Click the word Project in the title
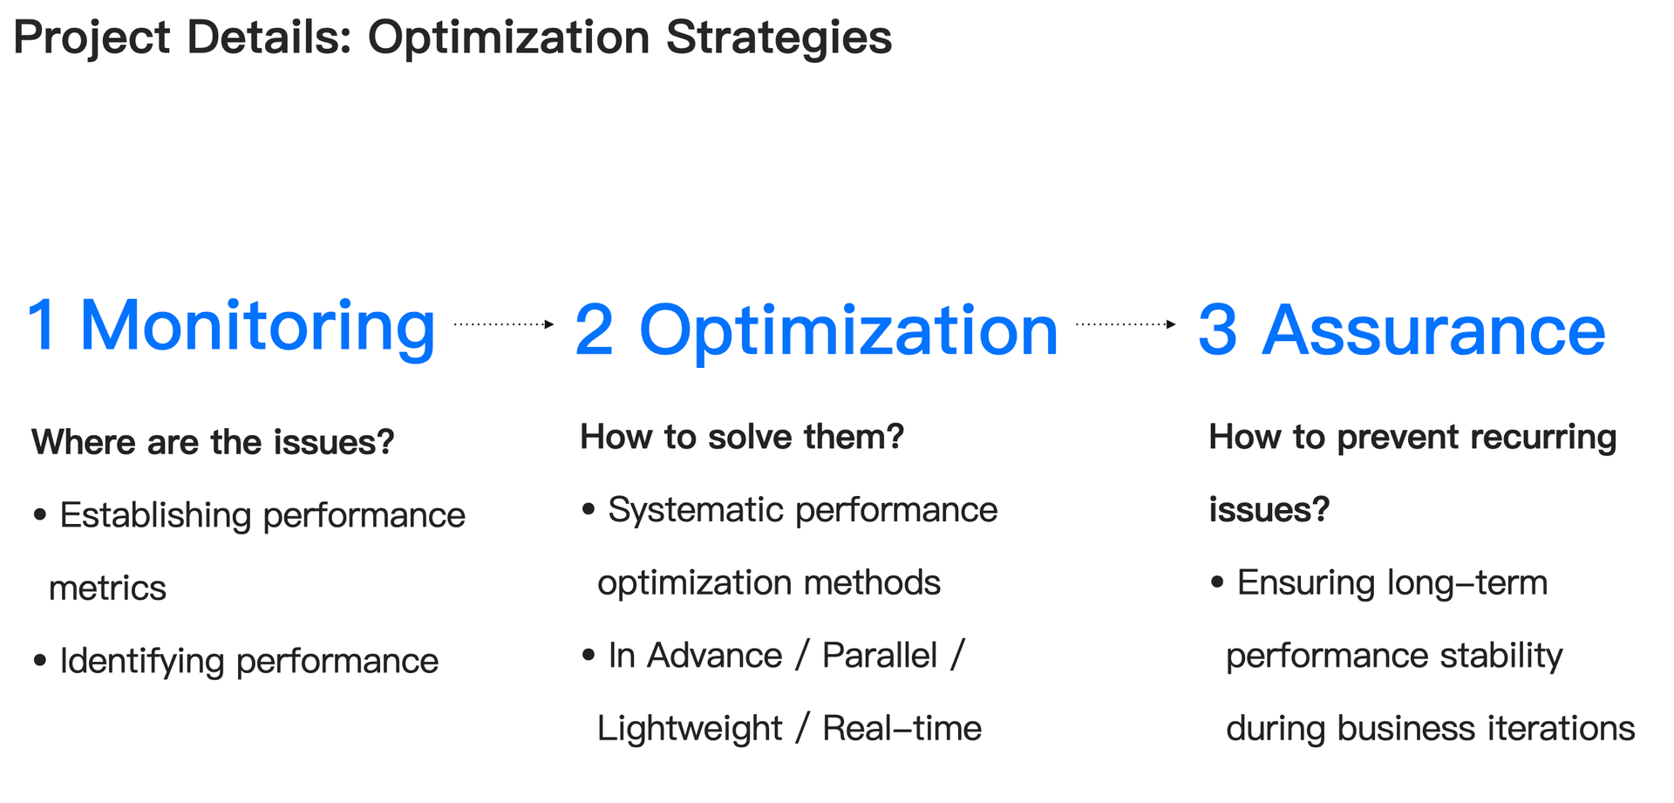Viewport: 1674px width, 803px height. tap(92, 39)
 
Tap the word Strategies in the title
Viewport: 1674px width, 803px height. tap(779, 39)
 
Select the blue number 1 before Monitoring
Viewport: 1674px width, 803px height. tap(42, 325)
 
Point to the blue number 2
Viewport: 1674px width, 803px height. tap(594, 330)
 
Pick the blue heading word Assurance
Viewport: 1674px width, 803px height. tap(1433, 330)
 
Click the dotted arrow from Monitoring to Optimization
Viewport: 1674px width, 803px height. tap(504, 324)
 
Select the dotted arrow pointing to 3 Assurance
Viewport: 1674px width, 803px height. tap(1126, 324)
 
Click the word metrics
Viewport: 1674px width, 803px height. tap(107, 589)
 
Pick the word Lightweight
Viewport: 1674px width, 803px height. tap(690, 729)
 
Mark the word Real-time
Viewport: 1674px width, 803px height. tap(902, 728)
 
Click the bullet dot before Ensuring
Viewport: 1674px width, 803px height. tap(1218, 582)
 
